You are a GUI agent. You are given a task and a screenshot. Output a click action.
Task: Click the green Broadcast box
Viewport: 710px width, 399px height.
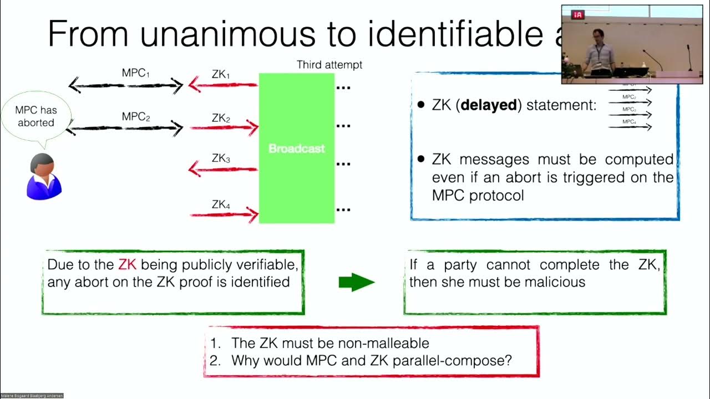297,149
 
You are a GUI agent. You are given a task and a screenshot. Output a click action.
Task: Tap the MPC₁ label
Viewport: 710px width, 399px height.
136,73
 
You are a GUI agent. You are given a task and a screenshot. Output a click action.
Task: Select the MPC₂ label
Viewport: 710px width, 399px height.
136,117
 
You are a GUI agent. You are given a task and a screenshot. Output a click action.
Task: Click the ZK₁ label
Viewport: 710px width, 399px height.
221,74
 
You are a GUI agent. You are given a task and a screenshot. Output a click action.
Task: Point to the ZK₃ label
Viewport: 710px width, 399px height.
221,158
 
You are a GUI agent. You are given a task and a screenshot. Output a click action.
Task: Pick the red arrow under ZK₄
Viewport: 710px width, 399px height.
224,214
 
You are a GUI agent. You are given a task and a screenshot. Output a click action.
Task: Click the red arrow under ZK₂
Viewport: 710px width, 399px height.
224,128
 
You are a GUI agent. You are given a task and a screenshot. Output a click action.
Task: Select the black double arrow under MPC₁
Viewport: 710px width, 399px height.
126,85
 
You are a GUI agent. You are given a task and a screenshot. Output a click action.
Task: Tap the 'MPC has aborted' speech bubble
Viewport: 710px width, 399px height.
36,116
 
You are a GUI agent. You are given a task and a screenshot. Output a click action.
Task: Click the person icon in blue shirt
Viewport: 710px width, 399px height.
44,176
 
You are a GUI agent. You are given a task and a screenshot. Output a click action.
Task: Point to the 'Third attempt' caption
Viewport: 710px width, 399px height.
329,65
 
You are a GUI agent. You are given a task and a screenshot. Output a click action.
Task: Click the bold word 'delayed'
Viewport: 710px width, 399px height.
489,105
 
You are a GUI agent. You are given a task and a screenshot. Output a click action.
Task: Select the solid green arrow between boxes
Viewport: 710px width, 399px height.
356,282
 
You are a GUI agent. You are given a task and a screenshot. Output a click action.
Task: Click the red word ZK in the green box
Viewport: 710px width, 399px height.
127,265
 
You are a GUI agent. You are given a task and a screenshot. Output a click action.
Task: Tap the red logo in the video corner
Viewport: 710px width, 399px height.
579,15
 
